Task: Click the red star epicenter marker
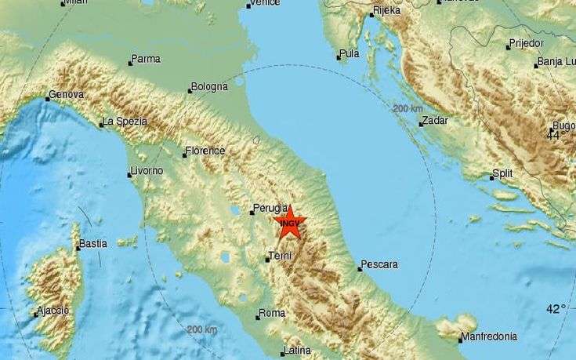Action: tap(290, 223)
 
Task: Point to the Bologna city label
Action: tap(211, 85)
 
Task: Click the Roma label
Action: tap(272, 314)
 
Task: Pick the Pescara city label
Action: tap(380, 264)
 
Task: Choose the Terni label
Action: tap(281, 256)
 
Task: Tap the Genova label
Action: tap(66, 95)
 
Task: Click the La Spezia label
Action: tap(125, 122)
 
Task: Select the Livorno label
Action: tap(147, 170)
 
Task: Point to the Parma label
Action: tap(147, 59)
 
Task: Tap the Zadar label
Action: tap(433, 121)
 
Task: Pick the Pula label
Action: tap(350, 54)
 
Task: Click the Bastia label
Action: tap(92, 245)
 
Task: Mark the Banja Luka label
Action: tap(554, 63)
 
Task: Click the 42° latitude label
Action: tap(558, 309)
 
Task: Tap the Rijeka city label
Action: tap(387, 10)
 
